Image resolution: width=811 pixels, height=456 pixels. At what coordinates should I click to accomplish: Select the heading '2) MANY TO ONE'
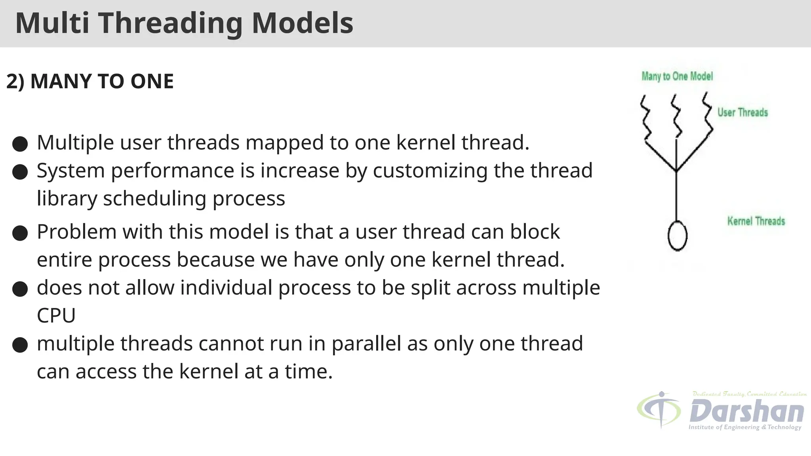coord(90,81)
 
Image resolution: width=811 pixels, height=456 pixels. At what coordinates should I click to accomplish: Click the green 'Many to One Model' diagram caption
coord(677,76)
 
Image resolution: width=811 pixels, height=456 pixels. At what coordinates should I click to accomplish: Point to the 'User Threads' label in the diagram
coord(742,113)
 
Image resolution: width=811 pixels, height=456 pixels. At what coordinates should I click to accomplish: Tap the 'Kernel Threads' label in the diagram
coord(756,221)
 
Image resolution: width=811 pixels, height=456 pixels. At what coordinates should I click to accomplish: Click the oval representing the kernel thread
coord(678,236)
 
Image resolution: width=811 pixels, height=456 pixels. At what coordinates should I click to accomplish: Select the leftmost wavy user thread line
coord(645,117)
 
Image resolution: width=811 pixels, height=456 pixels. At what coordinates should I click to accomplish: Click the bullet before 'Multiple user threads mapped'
coord(20,144)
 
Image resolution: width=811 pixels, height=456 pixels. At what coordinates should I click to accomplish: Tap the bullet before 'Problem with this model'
coord(20,233)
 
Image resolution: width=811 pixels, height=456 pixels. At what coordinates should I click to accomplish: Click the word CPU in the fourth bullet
coord(56,316)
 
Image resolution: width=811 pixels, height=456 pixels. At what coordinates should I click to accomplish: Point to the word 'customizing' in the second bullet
coord(430,171)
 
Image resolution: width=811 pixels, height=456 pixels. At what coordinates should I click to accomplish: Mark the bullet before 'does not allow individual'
coord(20,289)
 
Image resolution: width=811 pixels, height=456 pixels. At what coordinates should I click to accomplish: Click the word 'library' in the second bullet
coord(67,199)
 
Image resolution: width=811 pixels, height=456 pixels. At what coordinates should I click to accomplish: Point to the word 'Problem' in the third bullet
coord(76,232)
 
